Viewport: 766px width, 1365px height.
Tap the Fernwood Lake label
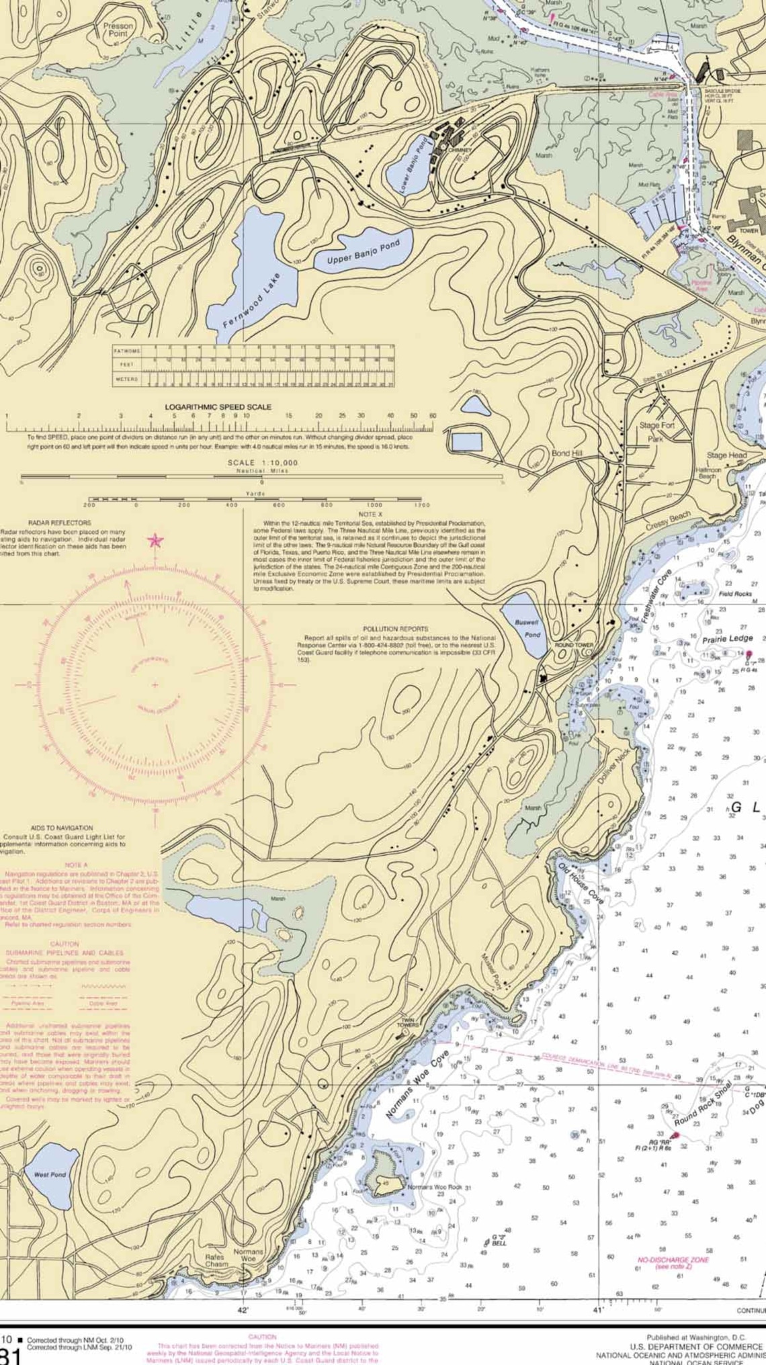(x=251, y=300)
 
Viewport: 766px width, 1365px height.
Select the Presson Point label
(x=118, y=30)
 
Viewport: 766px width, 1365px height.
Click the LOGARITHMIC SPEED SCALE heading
(x=218, y=406)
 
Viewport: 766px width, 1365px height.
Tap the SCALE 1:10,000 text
(x=262, y=463)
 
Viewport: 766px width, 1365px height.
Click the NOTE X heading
(x=370, y=514)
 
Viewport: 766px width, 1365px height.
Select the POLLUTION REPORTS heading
(x=396, y=629)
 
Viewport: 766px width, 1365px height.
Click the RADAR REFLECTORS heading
(x=59, y=522)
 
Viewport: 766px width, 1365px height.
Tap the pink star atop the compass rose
(x=155, y=539)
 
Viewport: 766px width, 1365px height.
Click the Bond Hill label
(x=566, y=453)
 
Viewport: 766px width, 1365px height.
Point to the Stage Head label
(x=726, y=455)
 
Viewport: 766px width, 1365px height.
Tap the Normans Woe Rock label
(x=435, y=1188)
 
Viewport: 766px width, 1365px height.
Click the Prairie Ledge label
(x=728, y=638)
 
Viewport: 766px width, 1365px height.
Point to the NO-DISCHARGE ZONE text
(x=673, y=1260)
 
